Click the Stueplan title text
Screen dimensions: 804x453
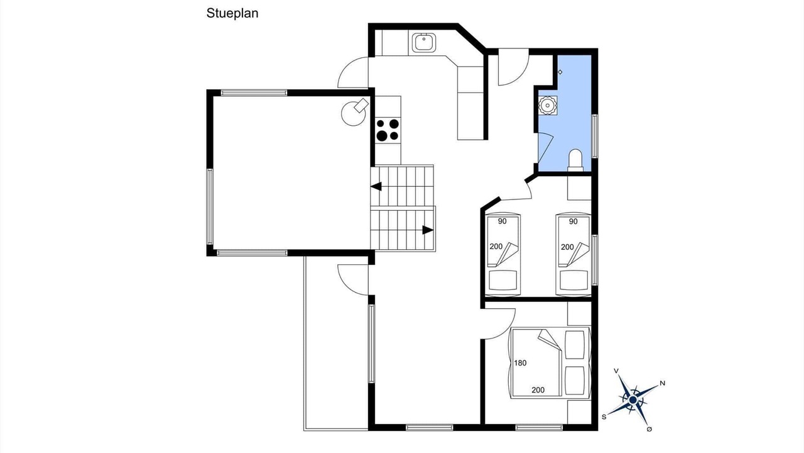[232, 14]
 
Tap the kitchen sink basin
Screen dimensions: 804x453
[424, 43]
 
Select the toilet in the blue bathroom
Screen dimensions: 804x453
[575, 160]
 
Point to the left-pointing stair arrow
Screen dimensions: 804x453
[376, 187]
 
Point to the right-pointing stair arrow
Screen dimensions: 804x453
[428, 230]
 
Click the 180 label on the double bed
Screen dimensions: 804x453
[520, 363]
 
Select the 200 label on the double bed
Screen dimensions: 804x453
[538, 389]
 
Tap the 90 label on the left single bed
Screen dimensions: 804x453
[502, 221]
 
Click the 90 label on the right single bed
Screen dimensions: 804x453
[573, 221]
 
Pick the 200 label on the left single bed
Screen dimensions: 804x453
[496, 247]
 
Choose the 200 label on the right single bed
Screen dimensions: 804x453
[567, 247]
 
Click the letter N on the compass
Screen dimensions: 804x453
[663, 383]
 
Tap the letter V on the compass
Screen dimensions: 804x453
[616, 371]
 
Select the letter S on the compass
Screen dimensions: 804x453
[604, 417]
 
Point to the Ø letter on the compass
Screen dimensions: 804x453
[649, 429]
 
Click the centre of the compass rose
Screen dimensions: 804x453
[633, 400]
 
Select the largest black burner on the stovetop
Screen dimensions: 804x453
[382, 136]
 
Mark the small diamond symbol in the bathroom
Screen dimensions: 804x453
[560, 72]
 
